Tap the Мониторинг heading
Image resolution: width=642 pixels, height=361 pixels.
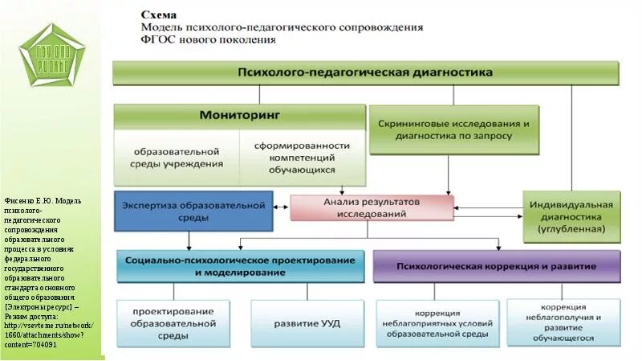coord(239,115)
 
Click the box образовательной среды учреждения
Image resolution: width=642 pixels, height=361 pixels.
coord(177,158)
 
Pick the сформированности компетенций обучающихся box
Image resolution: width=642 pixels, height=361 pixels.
coord(303,158)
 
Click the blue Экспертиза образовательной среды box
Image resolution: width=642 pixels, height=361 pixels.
coord(189,211)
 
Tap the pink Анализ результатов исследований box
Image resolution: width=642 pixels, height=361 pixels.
coord(371,207)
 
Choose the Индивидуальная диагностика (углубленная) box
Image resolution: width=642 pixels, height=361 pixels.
coord(571,216)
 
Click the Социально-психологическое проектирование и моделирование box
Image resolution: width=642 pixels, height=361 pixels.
coord(238,267)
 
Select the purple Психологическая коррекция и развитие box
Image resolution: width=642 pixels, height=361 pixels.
coord(496,266)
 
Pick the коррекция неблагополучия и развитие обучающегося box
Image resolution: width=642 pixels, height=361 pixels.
coord(567,322)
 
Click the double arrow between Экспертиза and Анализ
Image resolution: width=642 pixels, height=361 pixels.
coord(280,207)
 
